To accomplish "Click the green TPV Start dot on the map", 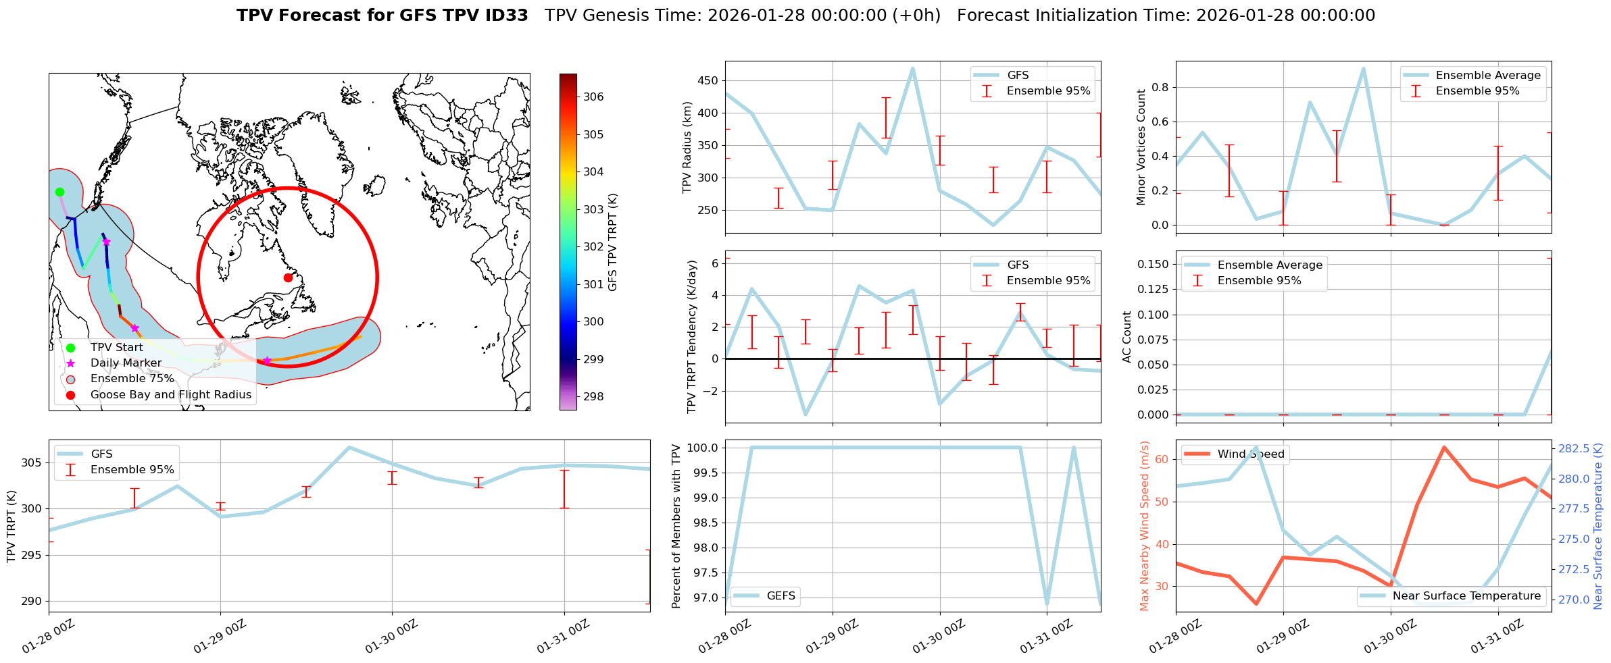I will coord(59,192).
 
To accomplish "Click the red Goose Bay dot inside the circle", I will coord(288,277).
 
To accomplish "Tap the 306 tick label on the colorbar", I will coord(593,97).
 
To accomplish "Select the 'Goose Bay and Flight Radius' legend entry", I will coord(170,394).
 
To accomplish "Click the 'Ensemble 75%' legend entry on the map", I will coord(132,379).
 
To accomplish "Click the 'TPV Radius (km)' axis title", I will coord(687,147).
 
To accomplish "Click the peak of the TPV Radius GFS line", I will coord(913,68).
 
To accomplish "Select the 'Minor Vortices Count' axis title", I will coord(1141,147).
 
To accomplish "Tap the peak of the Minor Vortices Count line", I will coord(1364,68).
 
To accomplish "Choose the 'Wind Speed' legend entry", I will coord(1250,454).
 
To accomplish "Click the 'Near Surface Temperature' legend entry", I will coord(1466,595).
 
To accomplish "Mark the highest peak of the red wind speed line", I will coord(1443,447).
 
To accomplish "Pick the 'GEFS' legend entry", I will coord(780,595).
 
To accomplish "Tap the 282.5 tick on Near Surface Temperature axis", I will coord(1573,448).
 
